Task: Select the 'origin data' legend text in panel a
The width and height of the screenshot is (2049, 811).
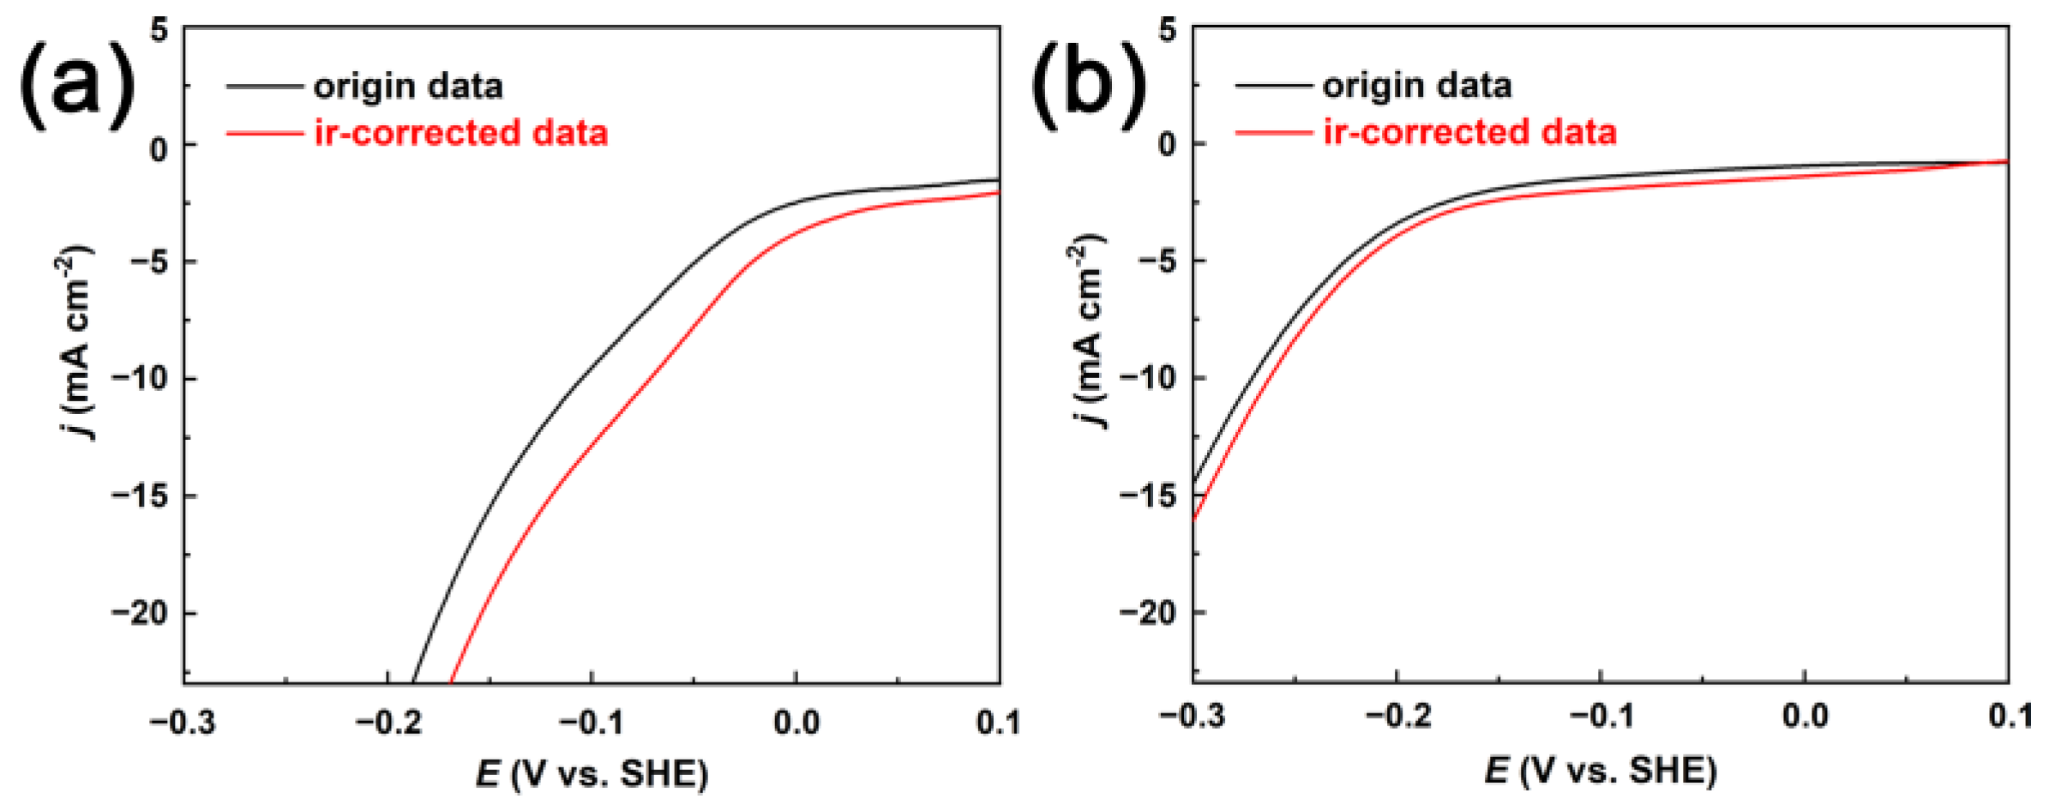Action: [408, 87]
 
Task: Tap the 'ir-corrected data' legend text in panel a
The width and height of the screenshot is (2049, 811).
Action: [461, 134]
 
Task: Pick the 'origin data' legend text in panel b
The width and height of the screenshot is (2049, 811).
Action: [1417, 86]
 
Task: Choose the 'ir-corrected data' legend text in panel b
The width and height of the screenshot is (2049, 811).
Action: [1469, 133]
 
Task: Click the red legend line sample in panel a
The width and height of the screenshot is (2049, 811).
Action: [264, 134]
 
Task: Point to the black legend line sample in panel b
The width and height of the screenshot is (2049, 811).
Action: [1273, 86]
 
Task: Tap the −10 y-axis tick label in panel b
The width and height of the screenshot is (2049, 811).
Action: [1149, 378]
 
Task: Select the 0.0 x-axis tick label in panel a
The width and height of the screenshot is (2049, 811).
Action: [796, 723]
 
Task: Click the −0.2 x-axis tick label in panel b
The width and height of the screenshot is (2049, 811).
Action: [1397, 717]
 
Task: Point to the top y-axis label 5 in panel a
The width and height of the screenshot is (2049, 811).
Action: [159, 31]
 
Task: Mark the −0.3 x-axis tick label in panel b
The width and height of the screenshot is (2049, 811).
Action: [1192, 717]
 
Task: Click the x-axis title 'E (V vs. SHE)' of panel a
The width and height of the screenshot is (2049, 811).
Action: [592, 774]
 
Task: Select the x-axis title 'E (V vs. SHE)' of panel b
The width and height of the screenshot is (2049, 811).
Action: [1601, 771]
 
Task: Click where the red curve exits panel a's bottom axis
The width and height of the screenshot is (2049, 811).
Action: [452, 682]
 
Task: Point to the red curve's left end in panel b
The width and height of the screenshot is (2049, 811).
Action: [1194, 518]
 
